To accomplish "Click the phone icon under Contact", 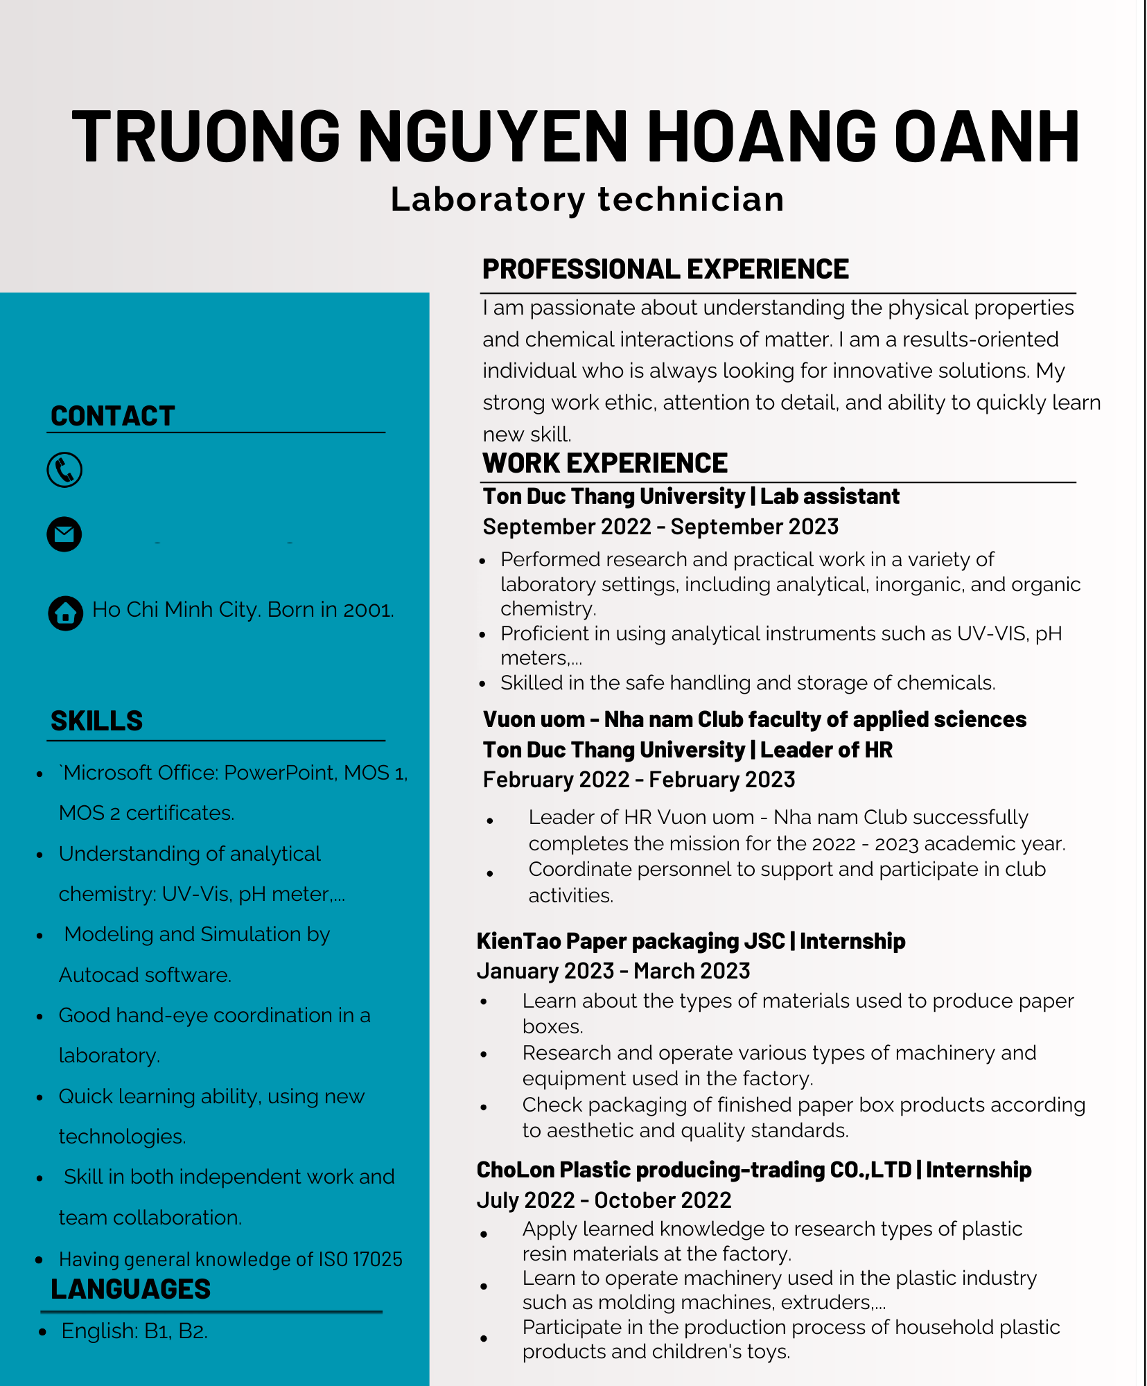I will point(64,470).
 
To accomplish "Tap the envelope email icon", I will point(64,534).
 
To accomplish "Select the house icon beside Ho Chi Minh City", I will point(65,613).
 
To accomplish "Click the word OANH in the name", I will point(987,137).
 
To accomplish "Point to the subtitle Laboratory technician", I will point(587,200).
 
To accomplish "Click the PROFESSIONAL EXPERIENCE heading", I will point(665,269).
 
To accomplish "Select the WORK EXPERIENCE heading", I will point(604,463).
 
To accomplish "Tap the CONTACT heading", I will point(112,416).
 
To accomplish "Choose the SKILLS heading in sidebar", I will point(96,721).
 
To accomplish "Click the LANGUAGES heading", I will point(130,1289).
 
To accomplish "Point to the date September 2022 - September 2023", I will point(660,527).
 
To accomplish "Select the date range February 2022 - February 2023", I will point(638,780).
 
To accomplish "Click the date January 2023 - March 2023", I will point(613,971).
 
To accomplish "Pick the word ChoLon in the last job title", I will point(515,1170).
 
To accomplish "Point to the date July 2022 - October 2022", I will point(604,1200).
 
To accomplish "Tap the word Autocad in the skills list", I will point(94,975).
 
